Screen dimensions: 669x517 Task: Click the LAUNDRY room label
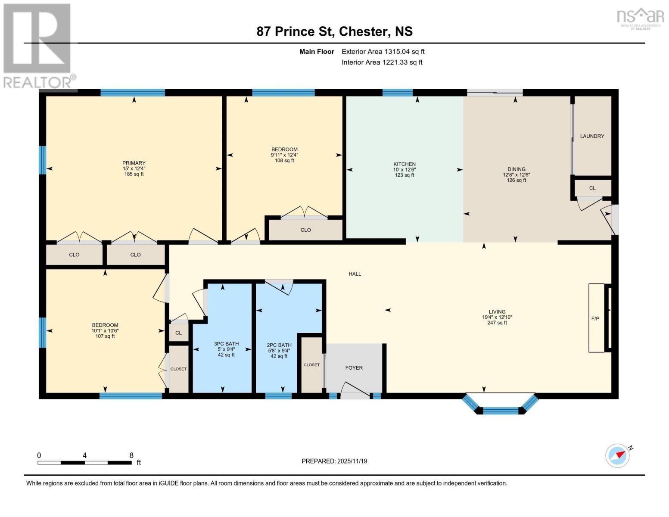592,136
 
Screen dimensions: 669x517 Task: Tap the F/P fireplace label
595,319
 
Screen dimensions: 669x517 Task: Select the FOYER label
354,368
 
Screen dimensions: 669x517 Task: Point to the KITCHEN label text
404,164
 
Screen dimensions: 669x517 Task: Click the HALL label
355,274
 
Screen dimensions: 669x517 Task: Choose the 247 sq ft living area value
497,323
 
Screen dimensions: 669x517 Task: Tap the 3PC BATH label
226,344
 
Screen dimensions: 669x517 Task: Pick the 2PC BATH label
279,345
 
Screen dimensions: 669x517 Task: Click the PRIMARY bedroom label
134,163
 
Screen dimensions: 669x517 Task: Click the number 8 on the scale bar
131,455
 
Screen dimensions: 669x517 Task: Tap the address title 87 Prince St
296,31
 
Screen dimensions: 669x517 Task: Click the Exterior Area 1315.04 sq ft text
383,52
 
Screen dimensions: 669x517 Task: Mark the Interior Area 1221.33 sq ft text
382,62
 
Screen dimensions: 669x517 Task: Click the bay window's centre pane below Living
501,411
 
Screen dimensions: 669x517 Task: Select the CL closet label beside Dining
592,188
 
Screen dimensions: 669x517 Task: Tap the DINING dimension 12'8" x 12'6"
517,174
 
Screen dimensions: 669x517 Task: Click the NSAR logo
641,19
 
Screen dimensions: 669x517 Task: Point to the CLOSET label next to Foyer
311,365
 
